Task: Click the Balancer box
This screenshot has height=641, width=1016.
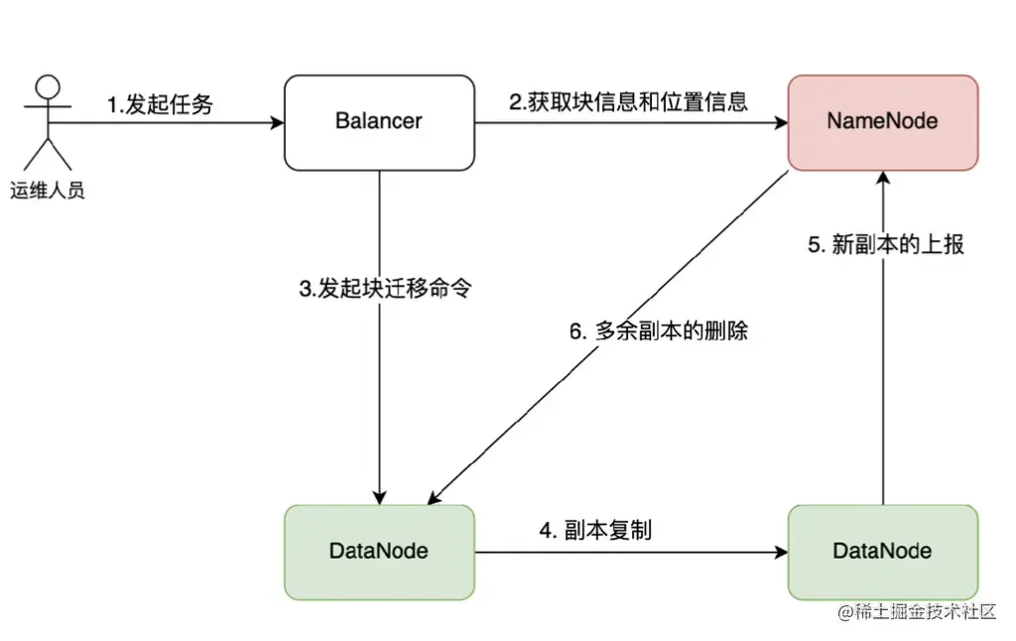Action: (x=379, y=122)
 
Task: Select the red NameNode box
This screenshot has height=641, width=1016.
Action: (x=882, y=122)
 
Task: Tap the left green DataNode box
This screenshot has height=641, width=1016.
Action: (x=379, y=552)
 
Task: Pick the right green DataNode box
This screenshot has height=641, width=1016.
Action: (x=882, y=552)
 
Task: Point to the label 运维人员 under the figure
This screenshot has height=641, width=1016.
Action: (x=48, y=191)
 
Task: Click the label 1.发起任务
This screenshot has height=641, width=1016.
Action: (x=160, y=104)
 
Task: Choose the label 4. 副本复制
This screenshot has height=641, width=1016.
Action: (x=595, y=530)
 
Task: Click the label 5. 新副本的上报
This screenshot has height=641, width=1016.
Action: (x=886, y=245)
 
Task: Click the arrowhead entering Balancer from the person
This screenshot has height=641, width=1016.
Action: (x=277, y=123)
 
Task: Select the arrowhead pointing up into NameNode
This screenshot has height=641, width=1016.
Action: (x=882, y=180)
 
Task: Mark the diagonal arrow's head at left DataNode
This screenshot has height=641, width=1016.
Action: (x=435, y=498)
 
